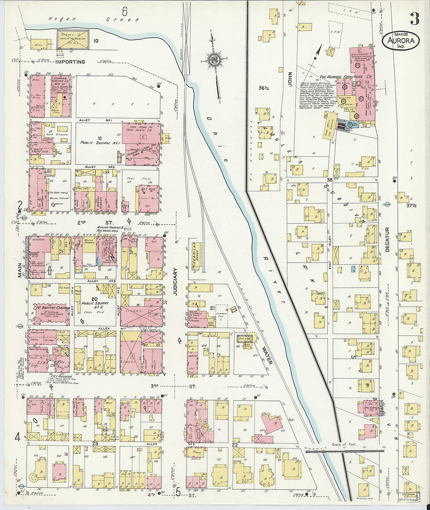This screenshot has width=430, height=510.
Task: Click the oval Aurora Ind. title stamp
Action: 401,40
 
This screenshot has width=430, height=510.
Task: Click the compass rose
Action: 214,60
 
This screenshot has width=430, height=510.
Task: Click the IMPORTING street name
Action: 70,62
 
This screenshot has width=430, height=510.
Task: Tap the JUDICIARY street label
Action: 175,281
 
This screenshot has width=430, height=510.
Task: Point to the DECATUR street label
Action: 387,239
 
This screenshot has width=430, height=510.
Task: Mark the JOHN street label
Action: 290,79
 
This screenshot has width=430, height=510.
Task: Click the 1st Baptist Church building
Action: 51,313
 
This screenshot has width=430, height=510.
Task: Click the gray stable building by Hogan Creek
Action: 73,39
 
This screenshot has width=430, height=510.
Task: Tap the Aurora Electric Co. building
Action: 61,96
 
